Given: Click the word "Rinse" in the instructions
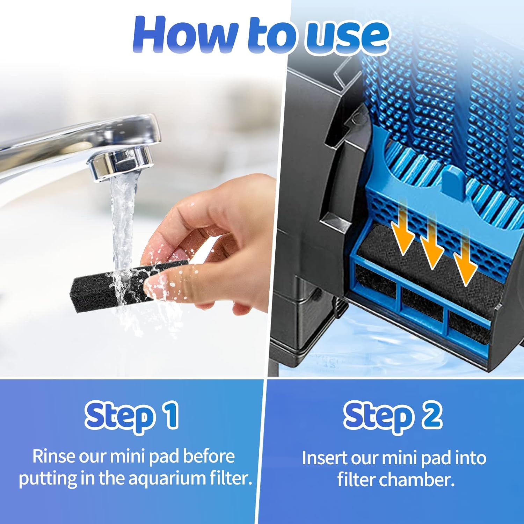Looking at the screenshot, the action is pos(53,456).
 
